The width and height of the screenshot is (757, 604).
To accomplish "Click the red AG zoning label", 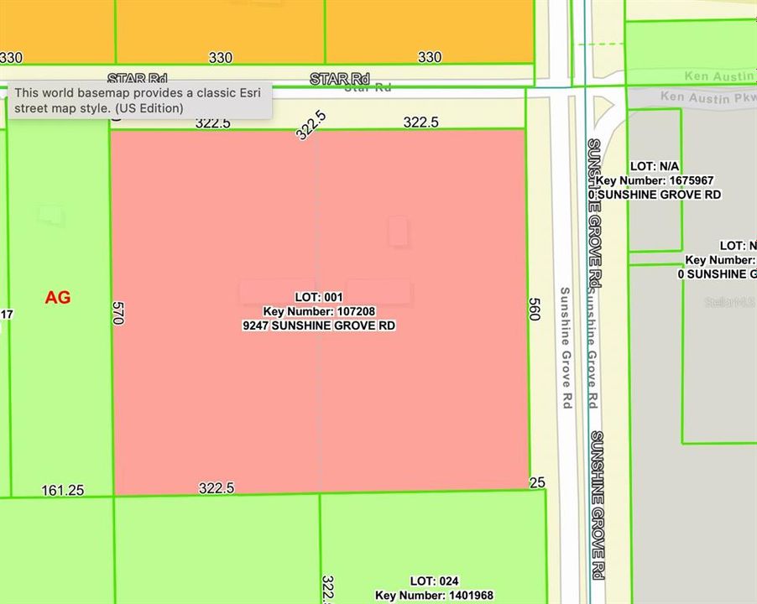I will coord(57,298).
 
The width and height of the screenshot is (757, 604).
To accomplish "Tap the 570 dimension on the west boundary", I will coord(118,314).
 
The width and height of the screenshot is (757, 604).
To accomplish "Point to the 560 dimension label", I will coord(534,309).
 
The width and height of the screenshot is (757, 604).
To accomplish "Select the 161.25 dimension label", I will coord(62,490).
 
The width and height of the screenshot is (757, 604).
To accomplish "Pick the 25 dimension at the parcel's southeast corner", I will coord(537,482).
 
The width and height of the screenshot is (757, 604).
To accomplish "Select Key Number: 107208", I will coord(318,311).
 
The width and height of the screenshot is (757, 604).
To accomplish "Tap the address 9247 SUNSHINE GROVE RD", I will coord(318,325).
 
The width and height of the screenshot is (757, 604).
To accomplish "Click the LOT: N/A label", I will coord(658,167).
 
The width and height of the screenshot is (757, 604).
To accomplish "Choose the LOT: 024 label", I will coord(433,581).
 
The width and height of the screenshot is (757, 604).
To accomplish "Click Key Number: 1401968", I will coord(433,596).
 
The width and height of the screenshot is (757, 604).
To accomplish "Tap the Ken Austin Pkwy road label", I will coord(707,97).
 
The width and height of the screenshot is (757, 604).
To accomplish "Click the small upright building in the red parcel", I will coord(398,232).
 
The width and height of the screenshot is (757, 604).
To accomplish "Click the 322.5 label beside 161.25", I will coord(216,487).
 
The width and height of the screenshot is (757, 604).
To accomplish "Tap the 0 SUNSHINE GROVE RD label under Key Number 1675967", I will coord(655,195).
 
